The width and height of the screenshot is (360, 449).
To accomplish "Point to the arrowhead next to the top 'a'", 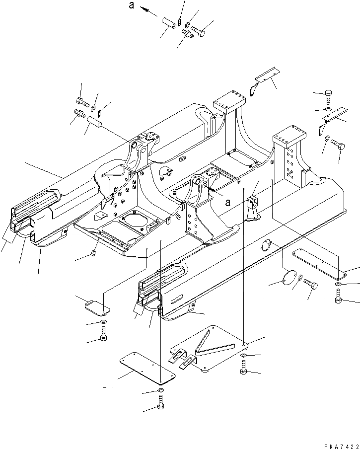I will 143,8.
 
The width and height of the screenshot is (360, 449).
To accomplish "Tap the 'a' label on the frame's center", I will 228,202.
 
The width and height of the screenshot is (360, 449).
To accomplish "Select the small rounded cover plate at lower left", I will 96,307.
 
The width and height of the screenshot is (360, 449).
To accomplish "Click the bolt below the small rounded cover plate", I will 103,336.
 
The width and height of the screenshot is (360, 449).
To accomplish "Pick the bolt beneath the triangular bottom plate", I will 243,368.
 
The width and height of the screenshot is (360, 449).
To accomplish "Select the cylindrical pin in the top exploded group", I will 168,23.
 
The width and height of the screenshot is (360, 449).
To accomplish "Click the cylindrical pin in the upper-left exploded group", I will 94,122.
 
